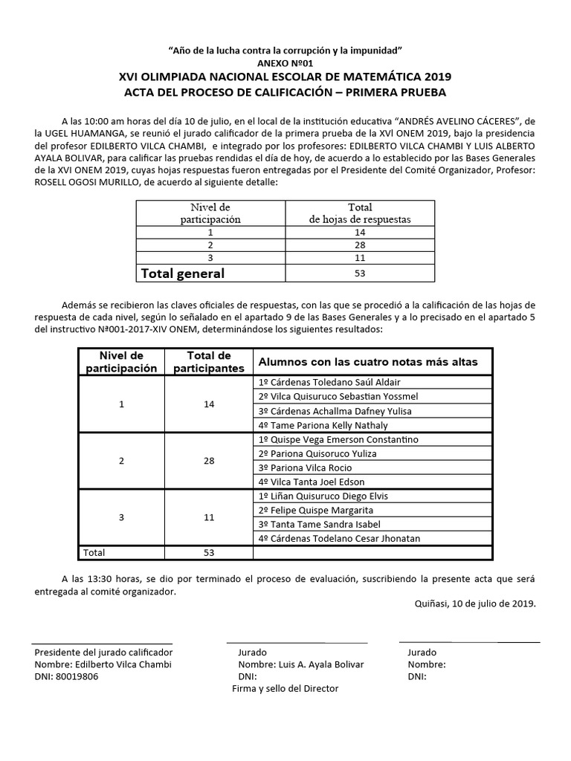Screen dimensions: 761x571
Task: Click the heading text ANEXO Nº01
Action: [285, 63]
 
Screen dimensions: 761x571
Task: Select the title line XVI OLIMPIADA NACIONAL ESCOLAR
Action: [285, 77]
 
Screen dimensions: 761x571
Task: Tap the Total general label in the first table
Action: [183, 273]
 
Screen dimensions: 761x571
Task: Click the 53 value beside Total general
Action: [360, 273]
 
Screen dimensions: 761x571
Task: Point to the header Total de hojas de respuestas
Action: [360, 213]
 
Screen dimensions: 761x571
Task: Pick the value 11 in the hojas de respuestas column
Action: [360, 257]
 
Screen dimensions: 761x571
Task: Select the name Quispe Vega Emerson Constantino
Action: [338, 439]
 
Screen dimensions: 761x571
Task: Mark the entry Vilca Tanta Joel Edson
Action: [312, 482]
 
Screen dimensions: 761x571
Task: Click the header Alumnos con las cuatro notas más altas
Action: [367, 362]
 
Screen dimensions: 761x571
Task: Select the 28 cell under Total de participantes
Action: [209, 461]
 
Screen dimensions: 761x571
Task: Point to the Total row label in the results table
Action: [94, 552]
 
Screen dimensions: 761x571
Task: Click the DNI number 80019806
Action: [77, 676]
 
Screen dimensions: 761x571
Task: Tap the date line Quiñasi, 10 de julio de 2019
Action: [474, 603]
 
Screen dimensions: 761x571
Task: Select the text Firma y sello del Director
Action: [285, 688]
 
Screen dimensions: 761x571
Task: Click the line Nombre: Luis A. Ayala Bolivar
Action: [301, 664]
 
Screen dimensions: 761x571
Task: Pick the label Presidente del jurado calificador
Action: [103, 652]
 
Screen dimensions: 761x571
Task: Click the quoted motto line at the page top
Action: [285, 50]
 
